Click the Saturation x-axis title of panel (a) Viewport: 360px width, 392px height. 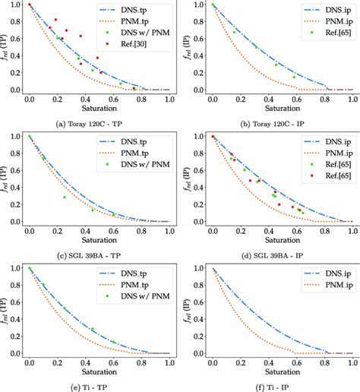coord(99,108)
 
